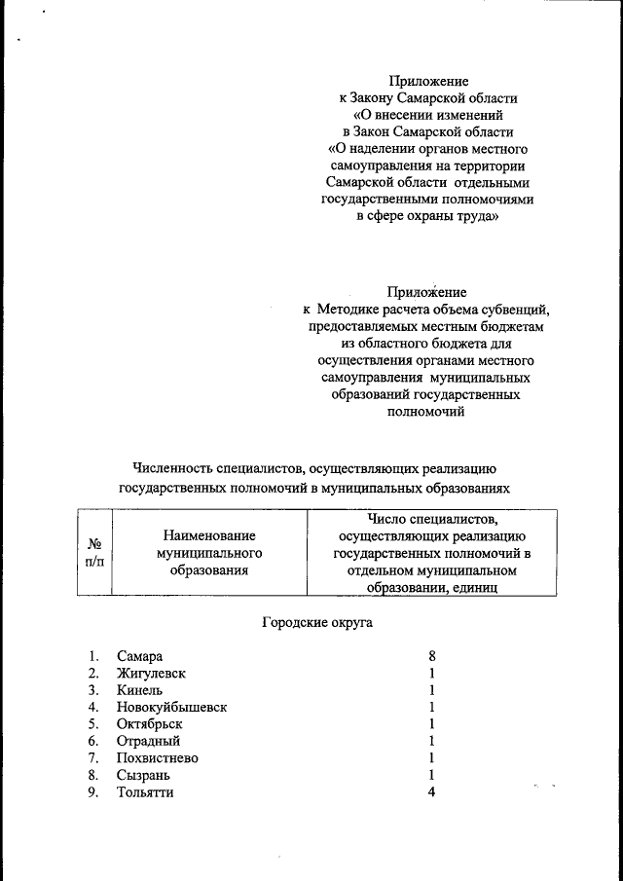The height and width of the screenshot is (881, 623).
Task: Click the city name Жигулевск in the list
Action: [x=151, y=673]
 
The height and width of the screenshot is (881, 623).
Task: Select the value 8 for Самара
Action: [x=431, y=656]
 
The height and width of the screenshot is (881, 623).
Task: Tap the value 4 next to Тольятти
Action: [x=431, y=791]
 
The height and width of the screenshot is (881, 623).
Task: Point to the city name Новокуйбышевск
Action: [x=171, y=707]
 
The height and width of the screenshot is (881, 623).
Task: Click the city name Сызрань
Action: [x=143, y=775]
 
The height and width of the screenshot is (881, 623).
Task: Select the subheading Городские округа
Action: [x=317, y=620]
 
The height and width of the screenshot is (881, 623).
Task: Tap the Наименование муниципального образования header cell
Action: [x=209, y=553]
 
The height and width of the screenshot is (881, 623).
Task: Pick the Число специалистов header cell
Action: [x=432, y=553]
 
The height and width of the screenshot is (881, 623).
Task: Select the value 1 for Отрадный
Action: [x=431, y=741]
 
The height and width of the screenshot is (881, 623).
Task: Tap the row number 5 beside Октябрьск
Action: [x=92, y=724]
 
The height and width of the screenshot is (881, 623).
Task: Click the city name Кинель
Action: [x=138, y=690]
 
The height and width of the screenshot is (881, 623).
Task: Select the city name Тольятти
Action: [x=145, y=791]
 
